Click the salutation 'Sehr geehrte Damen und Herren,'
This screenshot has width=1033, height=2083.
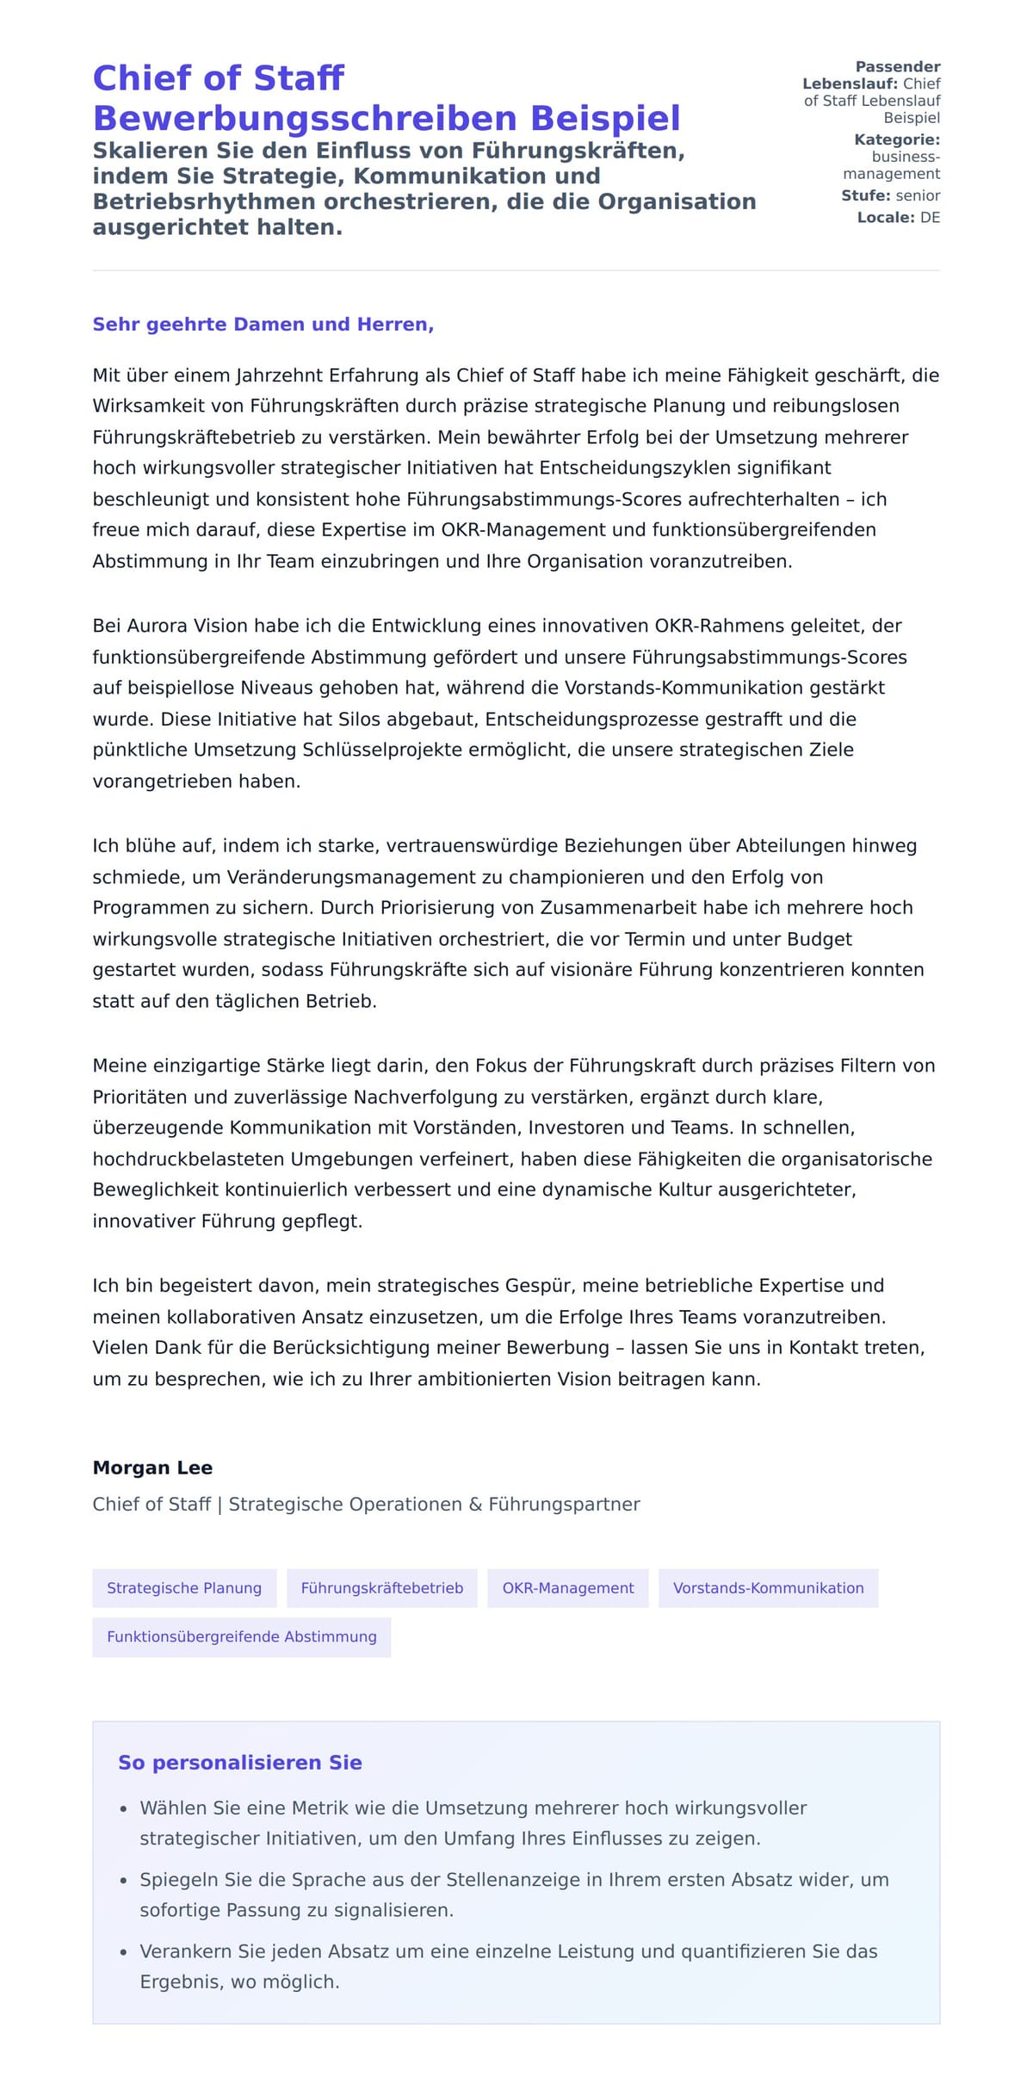tap(263, 325)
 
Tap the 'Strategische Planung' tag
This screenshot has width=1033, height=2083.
tap(184, 1588)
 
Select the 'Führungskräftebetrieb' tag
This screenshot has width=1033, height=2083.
tap(382, 1588)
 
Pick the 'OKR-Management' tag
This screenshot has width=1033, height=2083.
tap(567, 1588)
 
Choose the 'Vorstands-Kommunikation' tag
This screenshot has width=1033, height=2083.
tap(768, 1588)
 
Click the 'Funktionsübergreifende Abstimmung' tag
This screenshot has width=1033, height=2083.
tap(242, 1636)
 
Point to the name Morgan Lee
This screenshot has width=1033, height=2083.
tap(152, 1468)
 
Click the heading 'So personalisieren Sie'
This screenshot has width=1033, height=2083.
tap(240, 1763)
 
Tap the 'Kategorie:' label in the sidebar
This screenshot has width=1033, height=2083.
tap(896, 139)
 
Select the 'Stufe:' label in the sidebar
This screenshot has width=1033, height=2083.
tap(866, 195)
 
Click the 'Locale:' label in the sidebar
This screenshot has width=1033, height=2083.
tap(886, 218)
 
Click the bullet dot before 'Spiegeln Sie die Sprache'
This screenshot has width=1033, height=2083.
tap(124, 1882)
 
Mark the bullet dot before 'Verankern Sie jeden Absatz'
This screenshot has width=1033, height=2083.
tap(124, 1953)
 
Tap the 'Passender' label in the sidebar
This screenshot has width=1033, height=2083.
tap(898, 67)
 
